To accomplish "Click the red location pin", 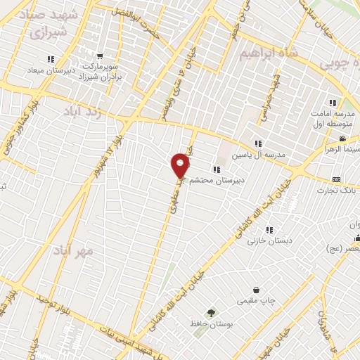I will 181,165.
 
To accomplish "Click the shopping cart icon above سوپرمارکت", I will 100,56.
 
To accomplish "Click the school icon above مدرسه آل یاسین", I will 259,143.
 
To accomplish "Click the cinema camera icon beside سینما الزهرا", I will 342,139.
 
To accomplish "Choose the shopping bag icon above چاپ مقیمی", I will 256,290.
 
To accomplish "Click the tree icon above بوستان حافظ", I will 210,312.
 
